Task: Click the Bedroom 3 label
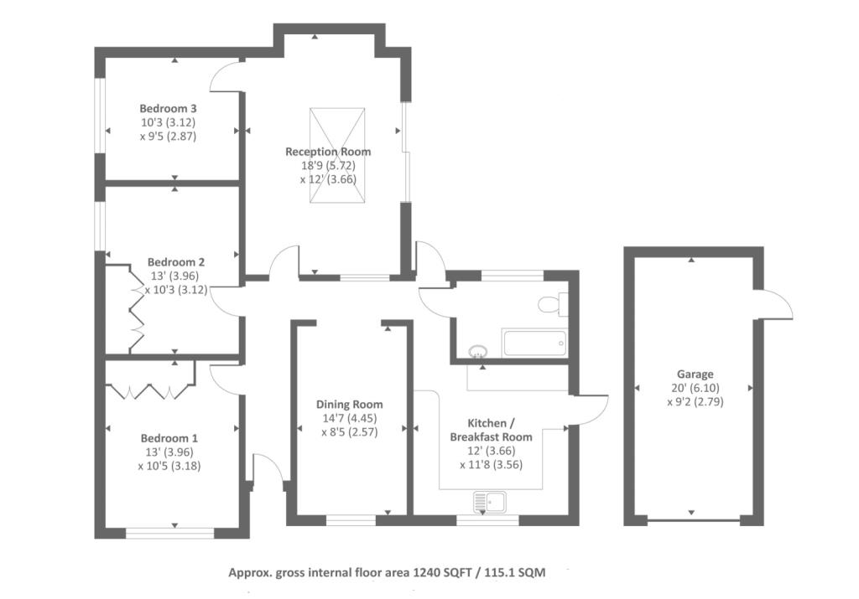coord(168,108)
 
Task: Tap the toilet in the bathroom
coord(552,303)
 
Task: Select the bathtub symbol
coord(534,343)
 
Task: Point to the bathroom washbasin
coord(478,351)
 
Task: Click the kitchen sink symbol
coord(490,501)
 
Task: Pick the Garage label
coord(695,374)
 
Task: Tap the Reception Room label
coord(328,152)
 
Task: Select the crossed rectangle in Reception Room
coord(337,155)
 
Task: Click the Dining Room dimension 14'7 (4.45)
coord(350,418)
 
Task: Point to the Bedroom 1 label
coord(169,438)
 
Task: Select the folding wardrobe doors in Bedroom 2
coord(136,309)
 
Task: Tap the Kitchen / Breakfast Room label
coord(491,430)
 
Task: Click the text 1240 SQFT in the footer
coord(441,573)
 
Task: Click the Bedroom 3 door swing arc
coord(225,76)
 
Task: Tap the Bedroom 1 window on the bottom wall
coord(169,533)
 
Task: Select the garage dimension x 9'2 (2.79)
coord(695,402)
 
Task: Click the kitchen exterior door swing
coord(589,409)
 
